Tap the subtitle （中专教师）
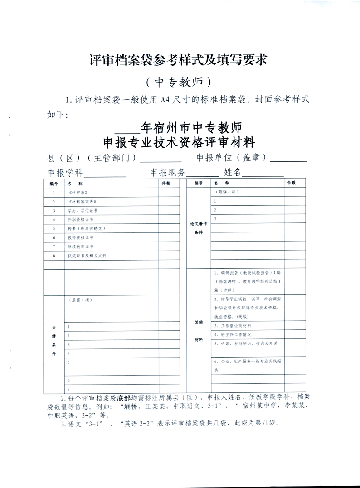click(x=180, y=82)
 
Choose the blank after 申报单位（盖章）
click(x=291, y=159)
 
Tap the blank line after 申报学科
click(x=105, y=175)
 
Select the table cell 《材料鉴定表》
click(x=82, y=202)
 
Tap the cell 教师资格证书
click(x=80, y=237)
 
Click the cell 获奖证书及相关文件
click(x=87, y=256)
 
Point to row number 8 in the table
click(x=54, y=256)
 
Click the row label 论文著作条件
click(x=199, y=228)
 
